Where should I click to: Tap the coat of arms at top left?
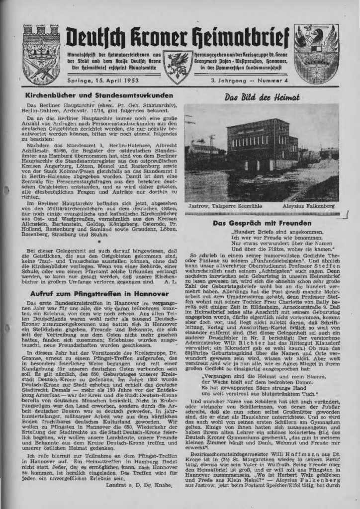click(41, 54)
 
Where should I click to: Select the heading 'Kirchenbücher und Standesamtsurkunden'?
click(100, 95)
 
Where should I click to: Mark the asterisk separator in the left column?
click(99, 240)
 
